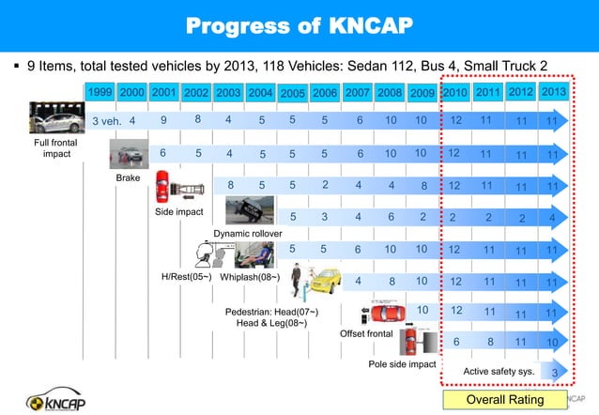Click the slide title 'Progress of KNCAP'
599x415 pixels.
coord(299,24)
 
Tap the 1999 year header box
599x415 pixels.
coord(100,92)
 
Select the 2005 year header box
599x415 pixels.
coord(292,93)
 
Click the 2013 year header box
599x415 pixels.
coord(553,92)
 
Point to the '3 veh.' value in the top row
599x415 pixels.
coord(105,121)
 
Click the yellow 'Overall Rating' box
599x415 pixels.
coord(505,400)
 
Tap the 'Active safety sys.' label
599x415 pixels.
coord(499,372)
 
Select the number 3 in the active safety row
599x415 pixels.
coord(555,373)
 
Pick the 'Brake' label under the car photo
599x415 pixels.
coord(127,177)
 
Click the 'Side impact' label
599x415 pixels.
coord(178,212)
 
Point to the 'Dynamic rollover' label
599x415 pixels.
coord(247,233)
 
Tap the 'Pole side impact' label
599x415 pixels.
coord(402,363)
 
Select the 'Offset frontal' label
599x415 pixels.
coord(366,333)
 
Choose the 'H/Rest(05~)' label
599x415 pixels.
coord(184,277)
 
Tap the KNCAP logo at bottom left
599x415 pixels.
coord(70,397)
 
